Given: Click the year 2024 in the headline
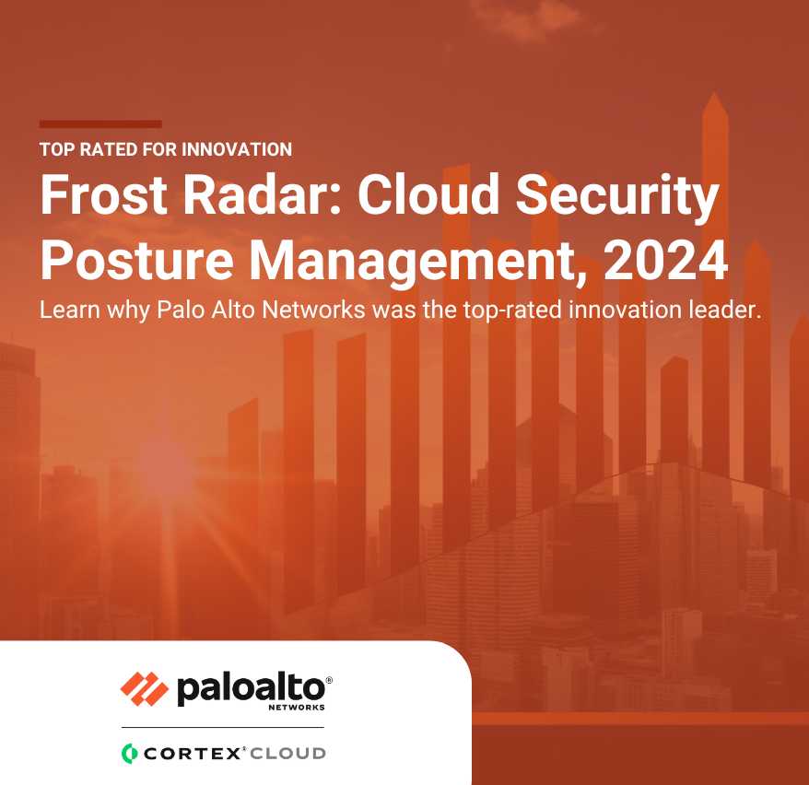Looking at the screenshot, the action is (x=666, y=260).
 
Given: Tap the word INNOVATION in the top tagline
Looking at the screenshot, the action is (x=237, y=149).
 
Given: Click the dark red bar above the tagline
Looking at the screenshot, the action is (x=100, y=123).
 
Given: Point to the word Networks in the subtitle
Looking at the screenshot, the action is (x=313, y=310).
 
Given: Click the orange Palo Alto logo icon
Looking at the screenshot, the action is (x=145, y=689).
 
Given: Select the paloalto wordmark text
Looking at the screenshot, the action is (x=252, y=688).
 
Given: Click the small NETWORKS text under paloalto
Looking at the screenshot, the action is (x=297, y=708).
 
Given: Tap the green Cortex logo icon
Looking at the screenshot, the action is (x=129, y=754).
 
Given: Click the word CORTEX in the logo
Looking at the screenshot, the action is (x=192, y=754).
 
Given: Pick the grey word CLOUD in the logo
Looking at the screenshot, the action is (x=287, y=754).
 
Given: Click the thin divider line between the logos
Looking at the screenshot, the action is (x=223, y=727).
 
